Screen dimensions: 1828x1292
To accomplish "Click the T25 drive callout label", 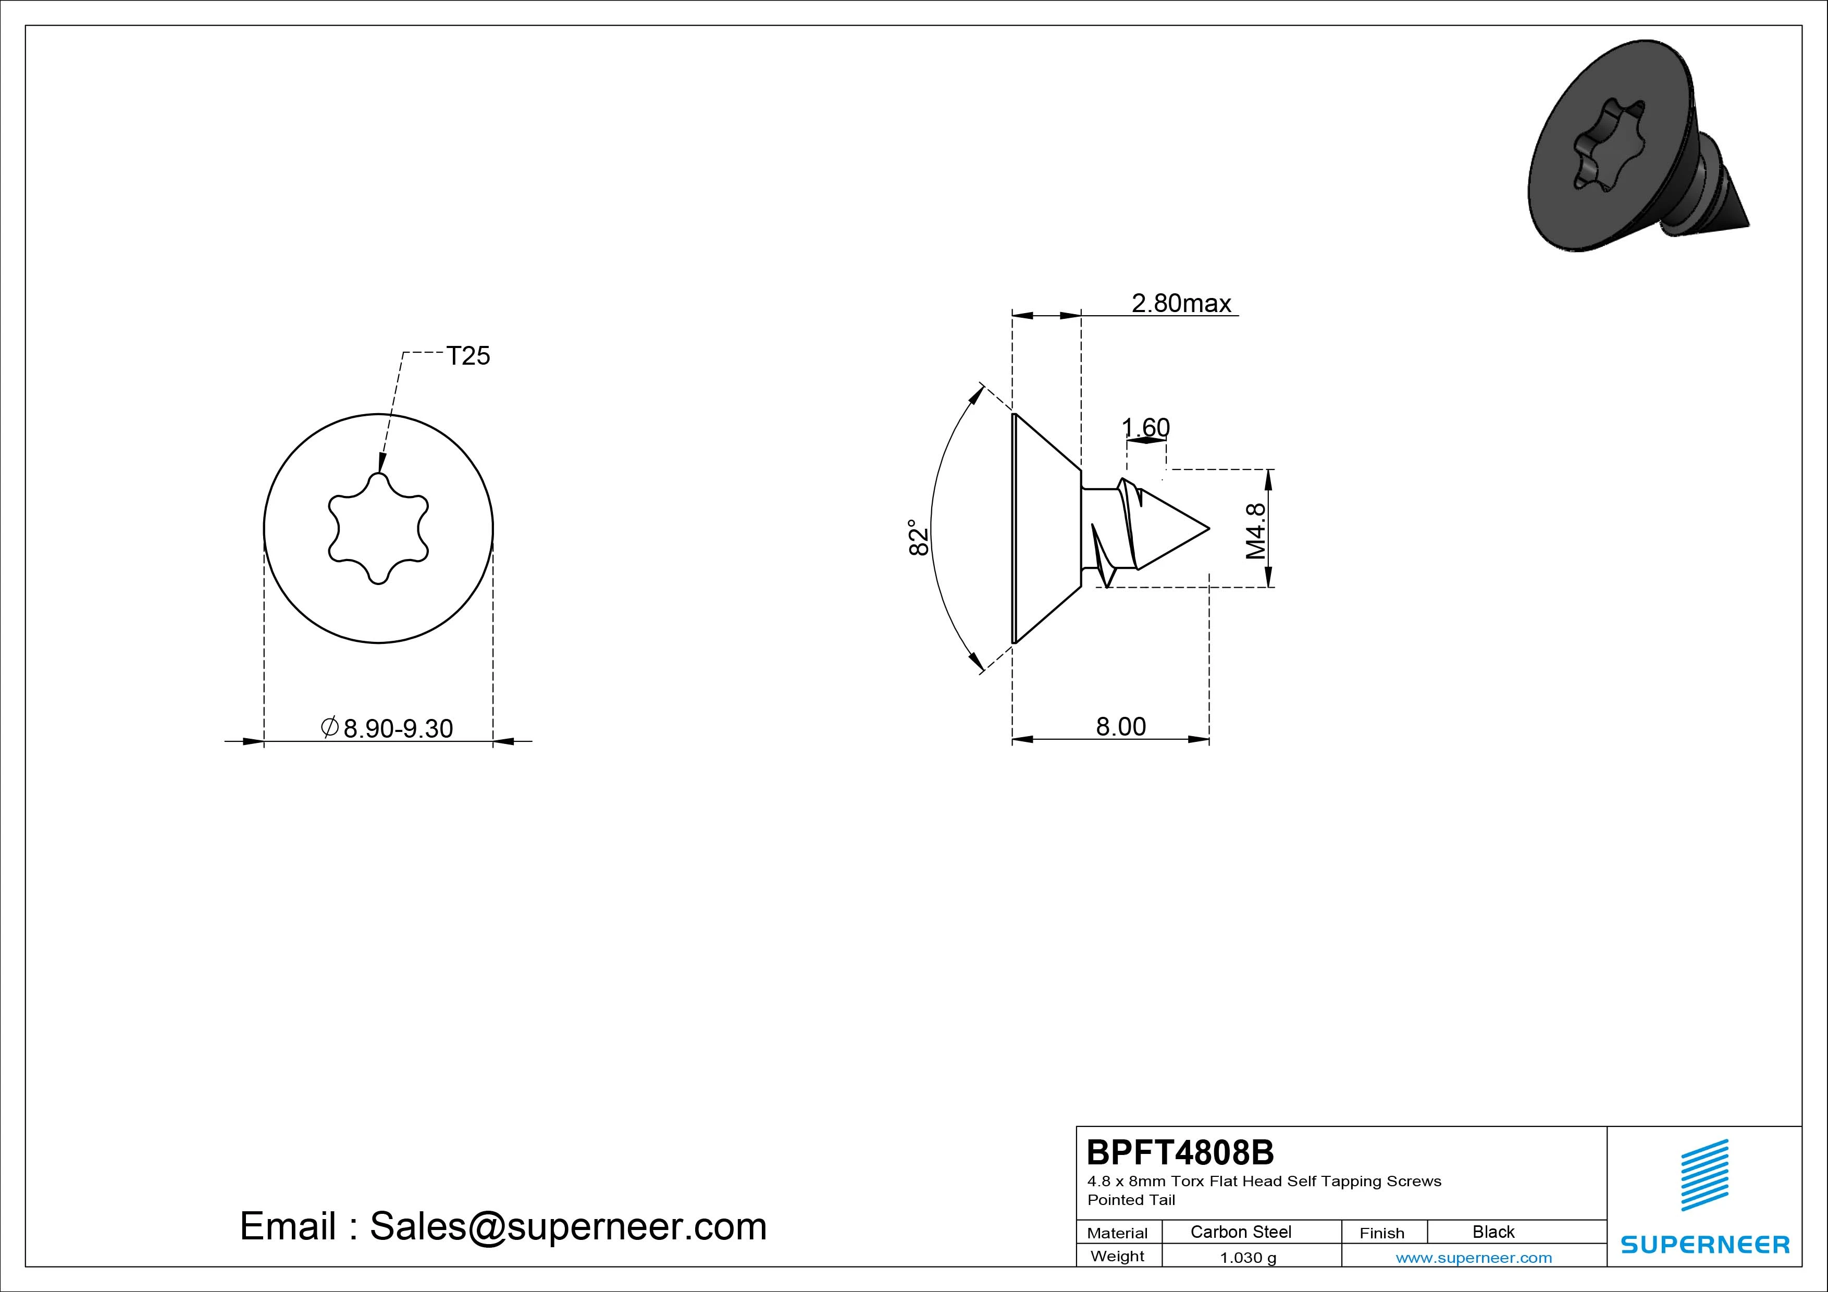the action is [x=468, y=356].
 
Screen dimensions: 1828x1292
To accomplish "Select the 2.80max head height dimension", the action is [x=1181, y=303].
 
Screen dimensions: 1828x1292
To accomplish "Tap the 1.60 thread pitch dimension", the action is [x=1146, y=428].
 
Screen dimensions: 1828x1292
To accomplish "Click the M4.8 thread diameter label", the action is [x=1255, y=531].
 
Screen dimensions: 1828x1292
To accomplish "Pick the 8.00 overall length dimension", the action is [x=1121, y=727].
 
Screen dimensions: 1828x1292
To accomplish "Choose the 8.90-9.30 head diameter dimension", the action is [x=387, y=728].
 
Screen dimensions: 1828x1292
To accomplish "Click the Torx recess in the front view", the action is [x=379, y=529].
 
